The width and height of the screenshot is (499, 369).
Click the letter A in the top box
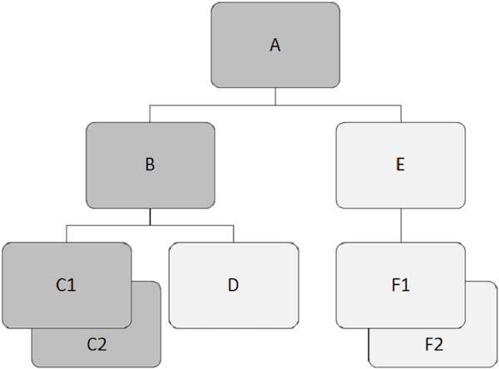click(275, 46)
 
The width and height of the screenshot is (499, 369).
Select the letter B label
click(150, 165)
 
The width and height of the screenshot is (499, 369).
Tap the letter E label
click(401, 165)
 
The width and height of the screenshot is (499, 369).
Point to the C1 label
click(67, 285)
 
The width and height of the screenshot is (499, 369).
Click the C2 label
click(96, 342)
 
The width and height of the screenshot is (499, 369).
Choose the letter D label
click(234, 285)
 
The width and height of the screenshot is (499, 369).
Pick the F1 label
click(401, 285)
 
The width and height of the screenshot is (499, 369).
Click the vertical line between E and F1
click(401, 224)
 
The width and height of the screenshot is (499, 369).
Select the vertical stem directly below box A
click(275, 96)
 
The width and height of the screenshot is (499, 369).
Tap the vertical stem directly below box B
click(150, 217)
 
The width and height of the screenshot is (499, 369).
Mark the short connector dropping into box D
click(234, 234)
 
